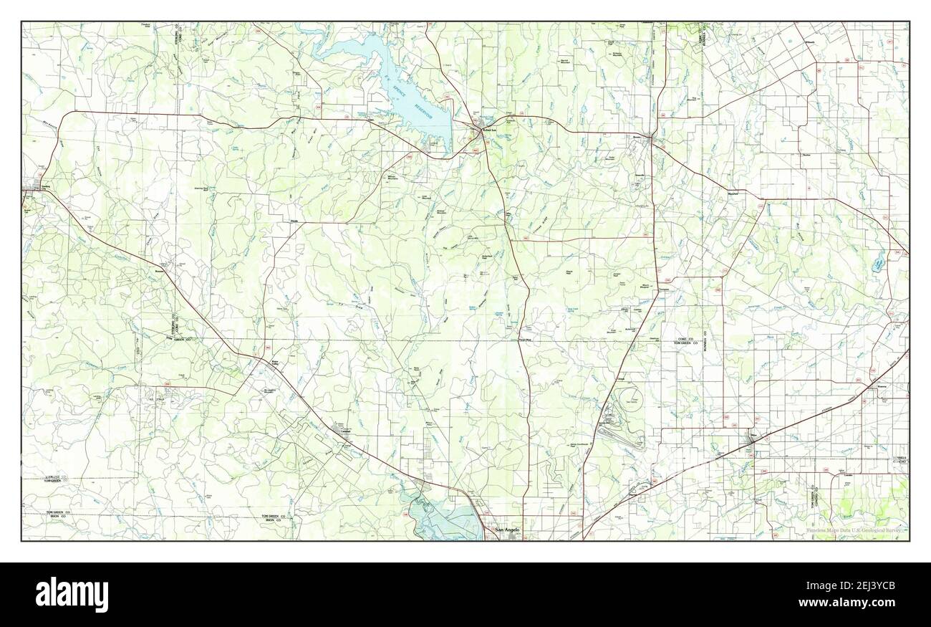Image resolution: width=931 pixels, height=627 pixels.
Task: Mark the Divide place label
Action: click(294, 221)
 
